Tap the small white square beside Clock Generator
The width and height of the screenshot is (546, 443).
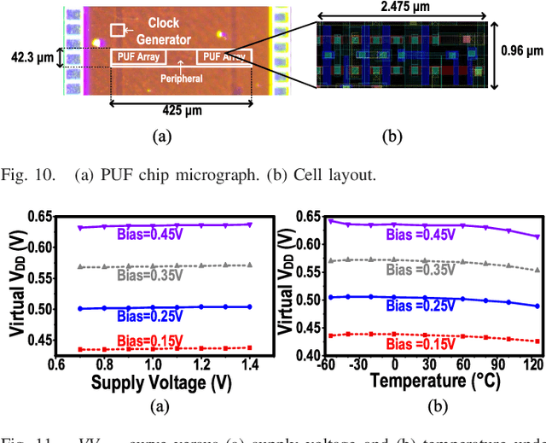pyautogui.click(x=118, y=31)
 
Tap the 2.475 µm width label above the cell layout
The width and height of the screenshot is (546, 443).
pyautogui.click(x=404, y=9)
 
